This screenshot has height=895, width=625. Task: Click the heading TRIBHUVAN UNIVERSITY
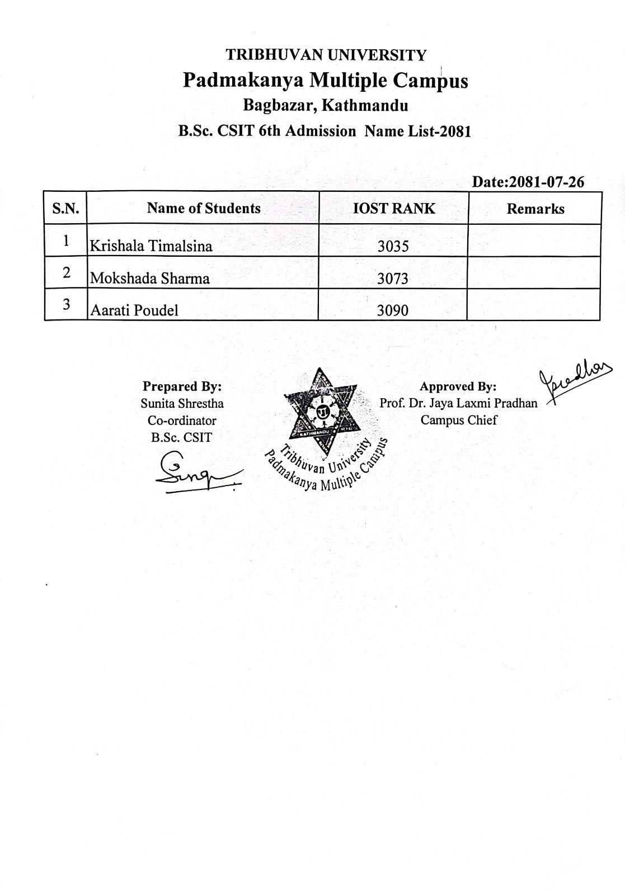pyautogui.click(x=326, y=55)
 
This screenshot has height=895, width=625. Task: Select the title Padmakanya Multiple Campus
pyautogui.click(x=325, y=81)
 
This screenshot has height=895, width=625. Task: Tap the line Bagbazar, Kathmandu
pyautogui.click(x=325, y=105)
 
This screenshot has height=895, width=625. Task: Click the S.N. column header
pyautogui.click(x=65, y=209)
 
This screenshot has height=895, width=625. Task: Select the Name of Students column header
pyautogui.click(x=204, y=208)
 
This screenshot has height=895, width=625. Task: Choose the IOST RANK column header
pyautogui.click(x=394, y=208)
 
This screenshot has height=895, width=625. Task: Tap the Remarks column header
pyautogui.click(x=535, y=209)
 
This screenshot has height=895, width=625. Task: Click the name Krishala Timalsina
pyautogui.click(x=151, y=246)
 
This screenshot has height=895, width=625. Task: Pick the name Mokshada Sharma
pyautogui.click(x=150, y=279)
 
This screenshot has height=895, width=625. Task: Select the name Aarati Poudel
pyautogui.click(x=134, y=310)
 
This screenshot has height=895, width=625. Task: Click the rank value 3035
pyautogui.click(x=393, y=246)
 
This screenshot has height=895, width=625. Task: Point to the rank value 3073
pyautogui.click(x=393, y=279)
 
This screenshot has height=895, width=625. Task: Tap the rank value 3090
pyautogui.click(x=393, y=310)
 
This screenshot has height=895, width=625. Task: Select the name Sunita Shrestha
pyautogui.click(x=182, y=403)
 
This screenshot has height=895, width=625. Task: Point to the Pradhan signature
pyautogui.click(x=574, y=381)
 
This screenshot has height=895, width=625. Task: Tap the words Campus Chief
pyautogui.click(x=458, y=420)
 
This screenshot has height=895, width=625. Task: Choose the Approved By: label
pyautogui.click(x=458, y=387)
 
